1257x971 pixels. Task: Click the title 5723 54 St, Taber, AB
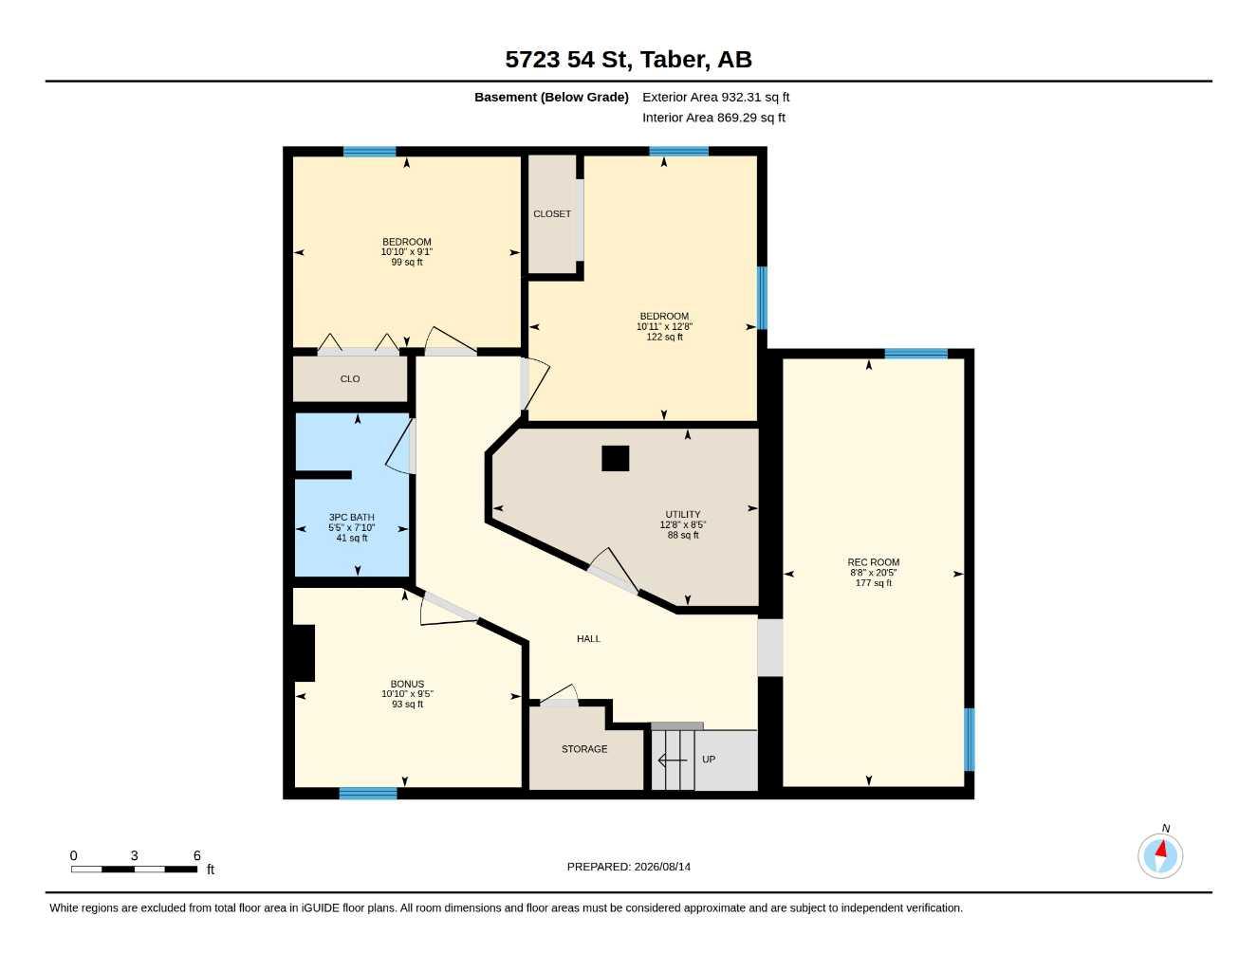tap(628, 60)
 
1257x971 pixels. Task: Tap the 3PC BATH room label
tap(351, 518)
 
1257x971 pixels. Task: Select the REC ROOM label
tap(874, 561)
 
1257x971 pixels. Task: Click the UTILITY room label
tap(683, 514)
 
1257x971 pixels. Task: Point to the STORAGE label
tap(584, 749)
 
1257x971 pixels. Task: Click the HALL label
tap(588, 639)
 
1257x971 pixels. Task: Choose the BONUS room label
tap(407, 684)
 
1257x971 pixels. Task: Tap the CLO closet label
tap(350, 379)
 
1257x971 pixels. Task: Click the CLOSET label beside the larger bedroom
tap(552, 214)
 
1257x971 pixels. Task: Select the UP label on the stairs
tap(709, 760)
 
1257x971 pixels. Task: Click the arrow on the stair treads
tap(673, 760)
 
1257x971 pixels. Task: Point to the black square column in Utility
tap(615, 458)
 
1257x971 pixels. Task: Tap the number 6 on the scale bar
tap(196, 855)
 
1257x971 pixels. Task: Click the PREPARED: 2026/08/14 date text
tap(628, 867)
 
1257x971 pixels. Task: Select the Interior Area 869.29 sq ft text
tap(713, 118)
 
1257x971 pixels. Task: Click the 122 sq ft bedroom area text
tap(664, 337)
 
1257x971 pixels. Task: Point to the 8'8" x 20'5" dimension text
tap(874, 573)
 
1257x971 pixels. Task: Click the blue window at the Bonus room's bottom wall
tap(368, 793)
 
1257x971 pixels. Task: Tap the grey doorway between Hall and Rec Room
tap(770, 648)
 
